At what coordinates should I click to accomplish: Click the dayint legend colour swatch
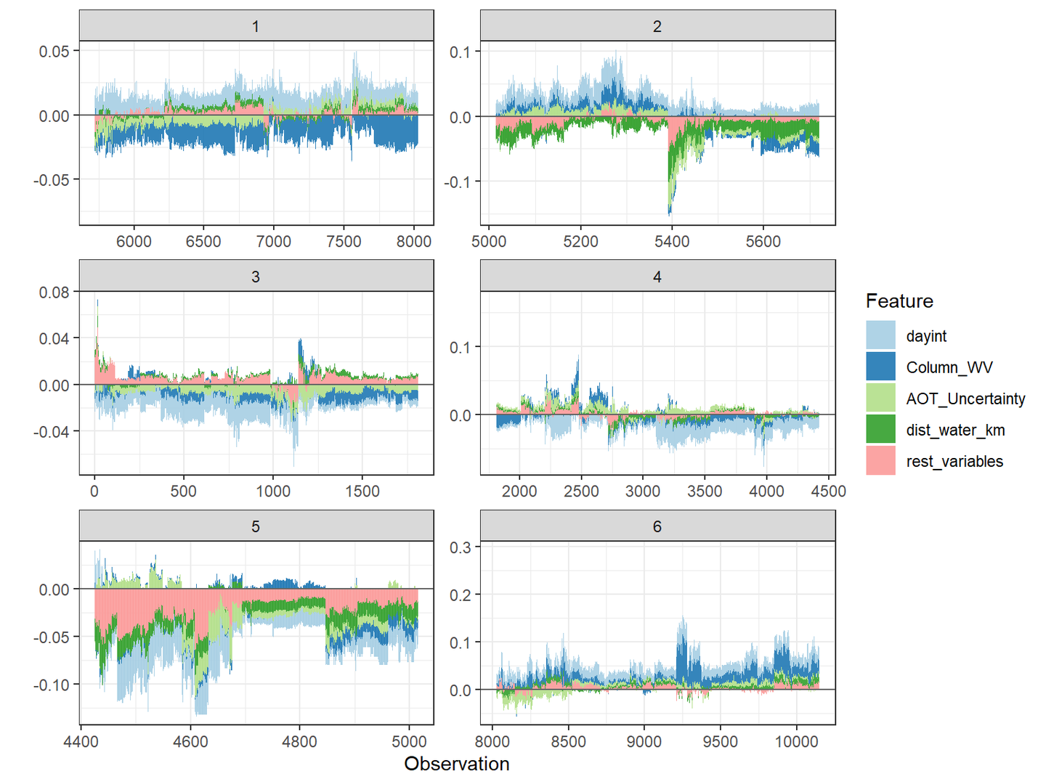coord(880,335)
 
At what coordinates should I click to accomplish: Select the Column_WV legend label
coord(949,367)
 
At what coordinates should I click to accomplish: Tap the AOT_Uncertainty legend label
coord(965,399)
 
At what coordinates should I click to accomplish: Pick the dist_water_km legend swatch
coord(880,430)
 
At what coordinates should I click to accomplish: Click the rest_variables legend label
coord(954,461)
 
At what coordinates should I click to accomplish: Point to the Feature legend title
coord(899,301)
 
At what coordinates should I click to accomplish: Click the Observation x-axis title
coord(457,764)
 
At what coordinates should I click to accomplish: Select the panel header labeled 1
coord(256,26)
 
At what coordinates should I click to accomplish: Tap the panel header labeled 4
coord(657,277)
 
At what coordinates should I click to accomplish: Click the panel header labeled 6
coord(657,526)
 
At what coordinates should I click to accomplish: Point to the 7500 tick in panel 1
coord(344,241)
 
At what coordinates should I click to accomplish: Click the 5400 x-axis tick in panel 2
coord(672,241)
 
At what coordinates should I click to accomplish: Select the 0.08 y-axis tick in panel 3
coord(54,293)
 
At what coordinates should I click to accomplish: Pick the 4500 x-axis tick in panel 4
coord(828,491)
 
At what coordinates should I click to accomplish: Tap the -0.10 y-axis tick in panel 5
coord(52,685)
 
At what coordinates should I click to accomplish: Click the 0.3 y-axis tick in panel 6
coord(461,547)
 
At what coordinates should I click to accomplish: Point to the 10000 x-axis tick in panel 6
coord(796,741)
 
